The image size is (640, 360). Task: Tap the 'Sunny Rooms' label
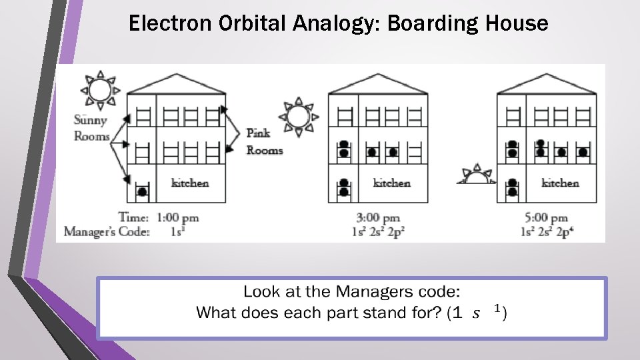[92, 128]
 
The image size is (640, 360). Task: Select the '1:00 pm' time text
[177, 217]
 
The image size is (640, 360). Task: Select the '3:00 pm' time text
[378, 217]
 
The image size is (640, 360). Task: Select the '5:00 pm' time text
[546, 217]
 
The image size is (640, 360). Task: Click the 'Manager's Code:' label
[107, 232]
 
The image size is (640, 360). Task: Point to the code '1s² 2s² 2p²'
[378, 232]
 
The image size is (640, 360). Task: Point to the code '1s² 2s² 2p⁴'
[546, 232]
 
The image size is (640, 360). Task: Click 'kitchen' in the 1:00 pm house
[190, 183]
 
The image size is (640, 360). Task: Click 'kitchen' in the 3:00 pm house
[392, 183]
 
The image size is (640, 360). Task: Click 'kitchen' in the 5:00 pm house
[560, 183]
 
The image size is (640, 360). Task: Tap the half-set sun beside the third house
[476, 176]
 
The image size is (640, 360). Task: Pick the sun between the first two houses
[298, 117]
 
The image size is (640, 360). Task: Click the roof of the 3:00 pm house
[378, 84]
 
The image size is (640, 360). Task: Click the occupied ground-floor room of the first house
[141, 188]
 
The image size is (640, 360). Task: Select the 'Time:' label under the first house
[133, 217]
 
